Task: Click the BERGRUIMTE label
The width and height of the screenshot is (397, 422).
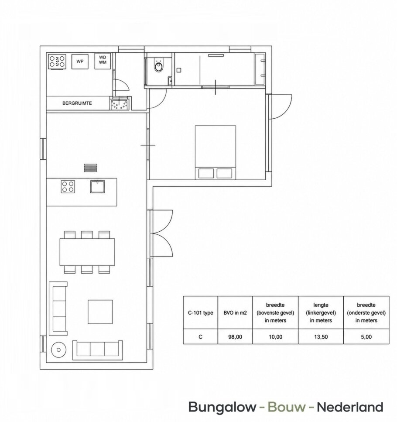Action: (77, 103)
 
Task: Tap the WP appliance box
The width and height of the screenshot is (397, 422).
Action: (80, 62)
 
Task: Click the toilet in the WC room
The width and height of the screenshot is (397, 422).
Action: (158, 66)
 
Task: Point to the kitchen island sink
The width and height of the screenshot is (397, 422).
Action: (98, 186)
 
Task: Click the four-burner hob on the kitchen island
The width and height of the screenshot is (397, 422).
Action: (68, 187)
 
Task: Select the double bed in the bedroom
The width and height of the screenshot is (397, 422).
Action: (216, 152)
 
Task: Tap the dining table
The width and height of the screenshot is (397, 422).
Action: (87, 252)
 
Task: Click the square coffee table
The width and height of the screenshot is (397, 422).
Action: (100, 312)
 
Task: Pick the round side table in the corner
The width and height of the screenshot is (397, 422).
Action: (58, 350)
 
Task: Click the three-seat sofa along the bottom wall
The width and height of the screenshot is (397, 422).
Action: (98, 350)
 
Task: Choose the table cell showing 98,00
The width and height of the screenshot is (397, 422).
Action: (235, 337)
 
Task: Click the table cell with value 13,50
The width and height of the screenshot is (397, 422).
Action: (321, 337)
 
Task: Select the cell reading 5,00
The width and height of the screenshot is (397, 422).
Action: (366, 337)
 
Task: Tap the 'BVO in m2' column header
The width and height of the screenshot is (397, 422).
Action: (235, 313)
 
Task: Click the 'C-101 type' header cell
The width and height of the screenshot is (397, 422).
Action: (200, 313)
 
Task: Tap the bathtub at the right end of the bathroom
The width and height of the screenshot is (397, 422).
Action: (260, 69)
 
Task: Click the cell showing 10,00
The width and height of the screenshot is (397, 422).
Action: (275, 337)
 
